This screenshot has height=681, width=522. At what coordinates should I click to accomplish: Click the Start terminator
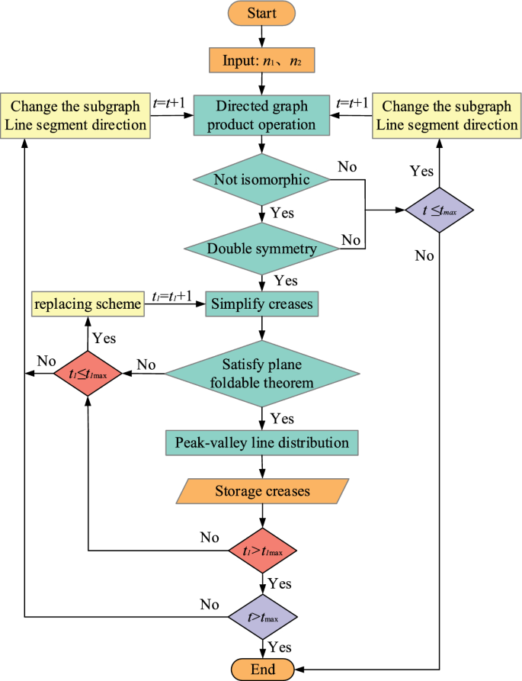click(x=261, y=13)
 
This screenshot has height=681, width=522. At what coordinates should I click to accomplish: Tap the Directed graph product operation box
click(x=261, y=115)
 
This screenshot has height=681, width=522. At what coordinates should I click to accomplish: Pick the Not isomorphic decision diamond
click(x=261, y=179)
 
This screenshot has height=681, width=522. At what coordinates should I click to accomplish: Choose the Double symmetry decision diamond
click(x=261, y=248)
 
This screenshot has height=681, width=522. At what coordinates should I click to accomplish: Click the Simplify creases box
click(x=261, y=305)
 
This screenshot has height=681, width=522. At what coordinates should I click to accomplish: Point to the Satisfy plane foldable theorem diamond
click(x=261, y=373)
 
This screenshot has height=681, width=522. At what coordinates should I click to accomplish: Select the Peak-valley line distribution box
click(x=261, y=442)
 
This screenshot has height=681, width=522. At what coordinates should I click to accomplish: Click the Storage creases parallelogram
click(x=261, y=491)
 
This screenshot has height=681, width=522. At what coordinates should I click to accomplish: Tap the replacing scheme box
click(x=87, y=305)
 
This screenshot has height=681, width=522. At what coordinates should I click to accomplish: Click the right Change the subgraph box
click(x=447, y=115)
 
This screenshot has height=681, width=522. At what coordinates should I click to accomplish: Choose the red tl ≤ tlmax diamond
click(x=87, y=374)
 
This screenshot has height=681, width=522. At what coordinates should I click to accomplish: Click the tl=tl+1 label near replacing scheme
click(x=173, y=297)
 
